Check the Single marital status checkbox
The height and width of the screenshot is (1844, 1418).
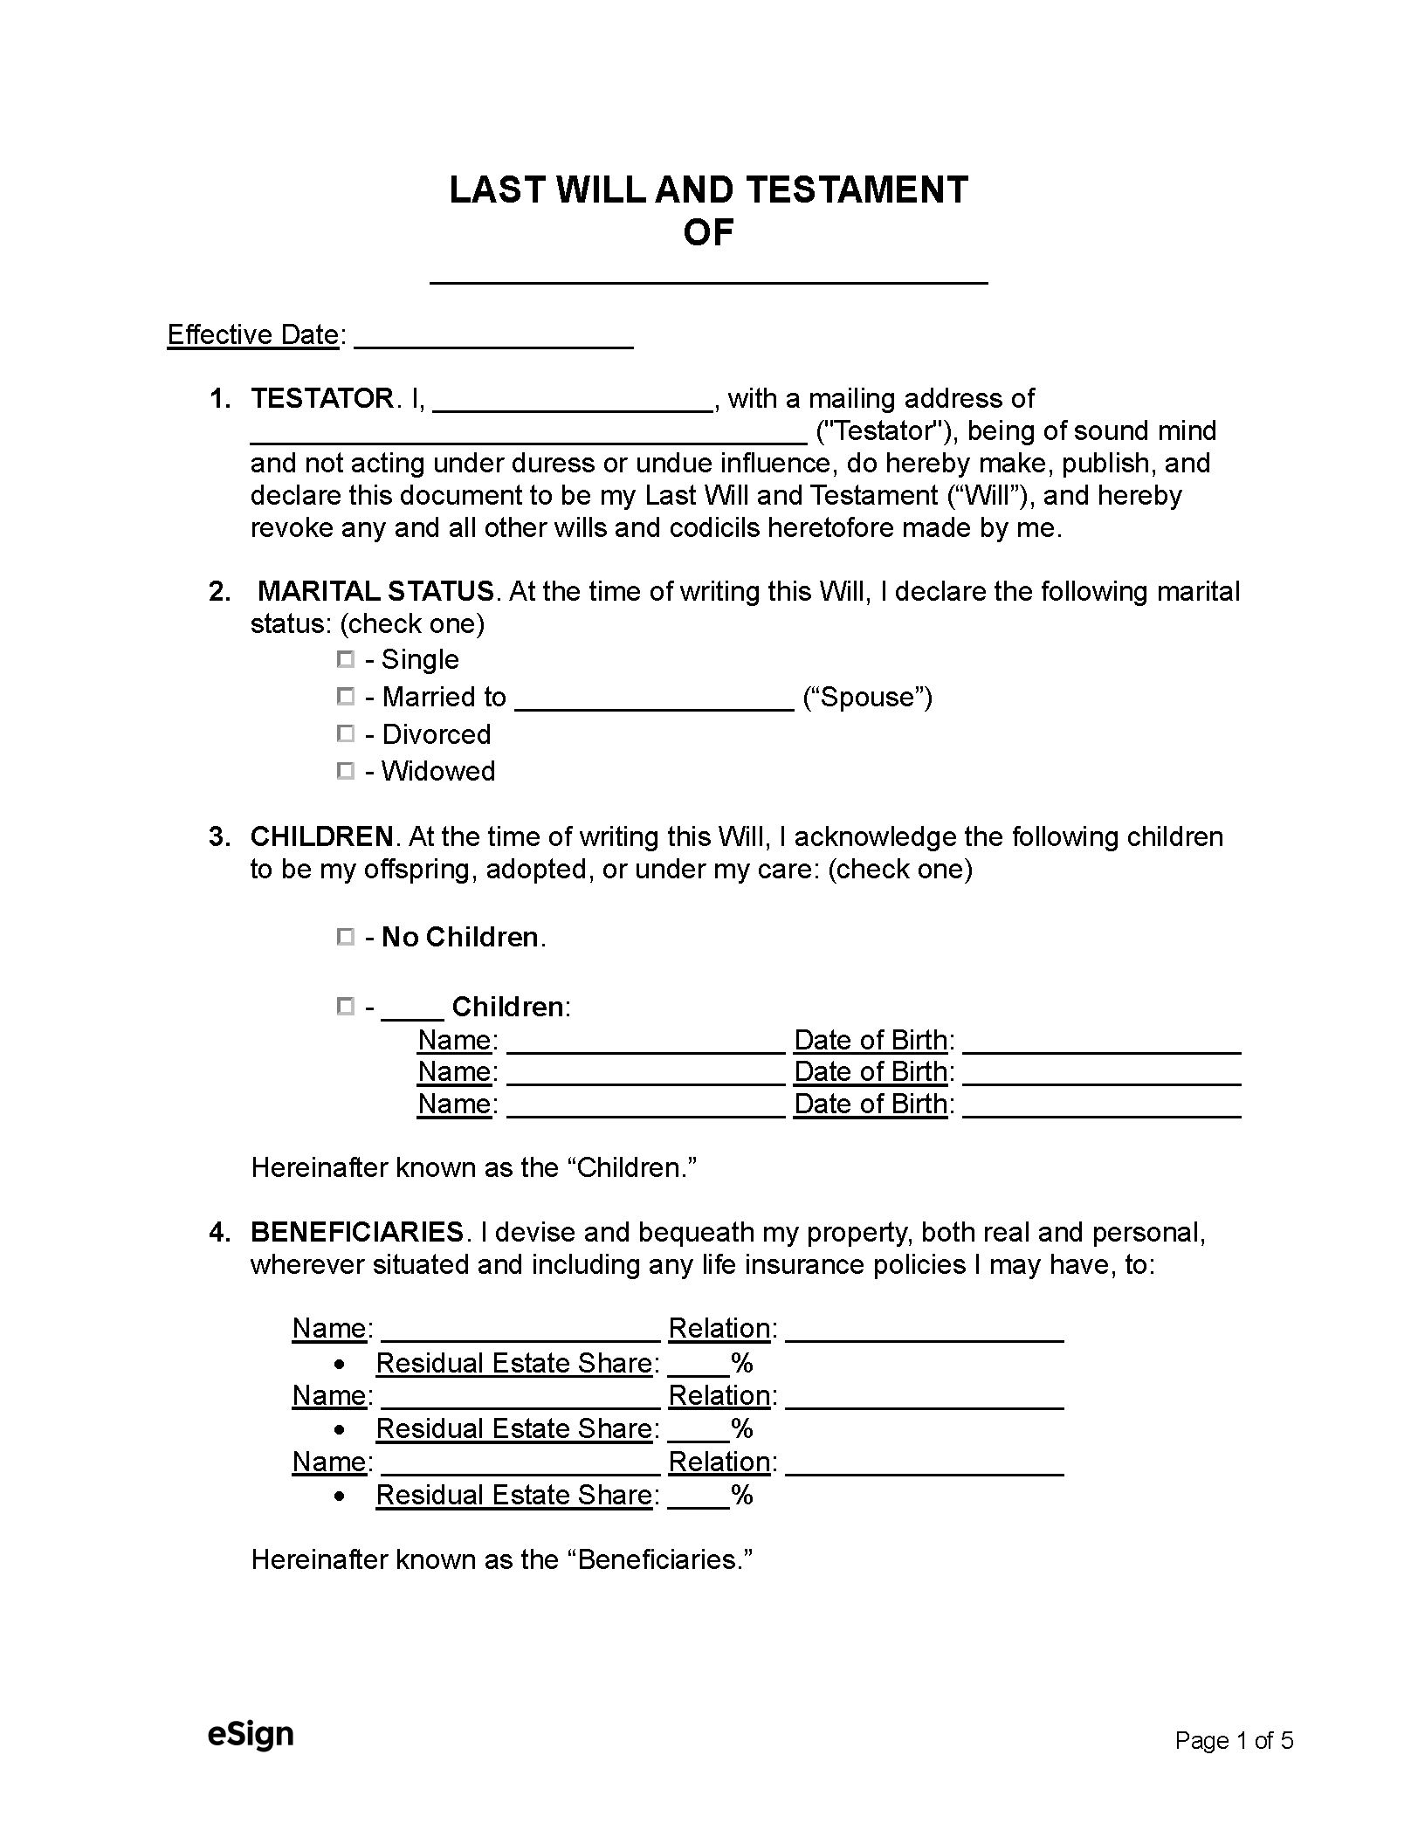point(346,660)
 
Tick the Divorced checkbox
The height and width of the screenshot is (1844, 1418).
point(346,734)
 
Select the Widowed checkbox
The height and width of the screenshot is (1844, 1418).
point(346,771)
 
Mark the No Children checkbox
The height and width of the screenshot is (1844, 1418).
point(346,937)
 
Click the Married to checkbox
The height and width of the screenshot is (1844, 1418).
point(346,697)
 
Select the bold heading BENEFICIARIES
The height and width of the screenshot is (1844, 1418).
point(356,1232)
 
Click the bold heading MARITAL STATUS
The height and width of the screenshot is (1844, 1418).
point(376,591)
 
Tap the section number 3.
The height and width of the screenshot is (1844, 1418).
point(217,836)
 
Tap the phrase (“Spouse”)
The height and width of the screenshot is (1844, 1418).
point(867,697)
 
